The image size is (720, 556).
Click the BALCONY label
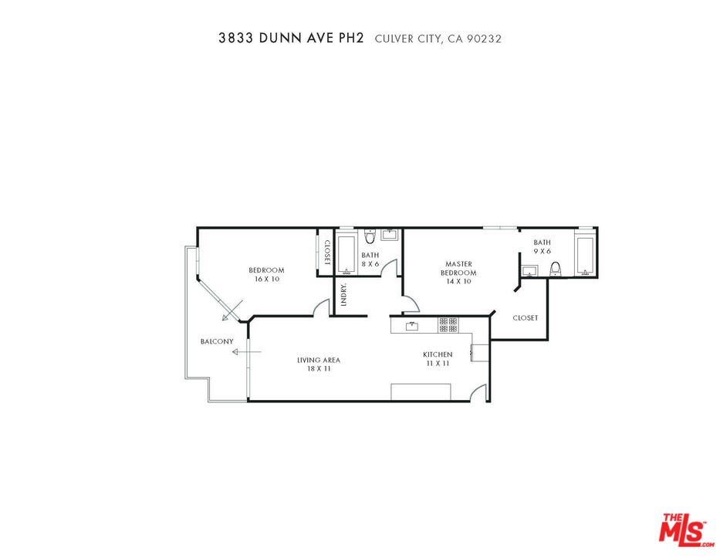tap(217, 341)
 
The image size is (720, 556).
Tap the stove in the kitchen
tap(448, 325)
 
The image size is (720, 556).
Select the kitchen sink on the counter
tap(411, 326)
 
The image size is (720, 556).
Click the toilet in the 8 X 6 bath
tap(370, 235)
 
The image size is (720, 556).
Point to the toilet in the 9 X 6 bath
tap(555, 269)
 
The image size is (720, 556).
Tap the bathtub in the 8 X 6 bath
tap(346, 253)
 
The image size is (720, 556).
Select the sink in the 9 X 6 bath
tap(529, 270)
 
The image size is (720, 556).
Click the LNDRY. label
tap(343, 295)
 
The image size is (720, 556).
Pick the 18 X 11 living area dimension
tap(319, 369)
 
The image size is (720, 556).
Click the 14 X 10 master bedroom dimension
tap(458, 282)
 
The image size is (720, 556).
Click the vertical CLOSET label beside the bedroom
tap(327, 253)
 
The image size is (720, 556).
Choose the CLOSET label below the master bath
tap(526, 318)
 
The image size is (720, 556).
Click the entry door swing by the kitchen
tap(482, 392)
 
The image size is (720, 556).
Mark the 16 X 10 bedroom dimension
tap(266, 279)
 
